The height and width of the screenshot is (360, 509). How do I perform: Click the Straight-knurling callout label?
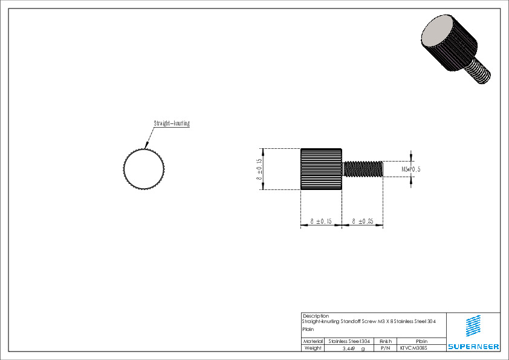[x=172, y=123]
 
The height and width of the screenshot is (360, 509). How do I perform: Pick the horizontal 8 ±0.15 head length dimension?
[x=320, y=222]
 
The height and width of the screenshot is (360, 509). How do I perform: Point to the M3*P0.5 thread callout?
[x=411, y=169]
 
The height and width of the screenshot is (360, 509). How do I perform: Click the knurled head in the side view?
[x=322, y=169]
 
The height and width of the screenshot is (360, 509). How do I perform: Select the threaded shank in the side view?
[x=363, y=169]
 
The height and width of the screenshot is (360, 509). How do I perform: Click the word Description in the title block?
[x=316, y=316]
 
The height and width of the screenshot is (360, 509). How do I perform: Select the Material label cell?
[x=313, y=341]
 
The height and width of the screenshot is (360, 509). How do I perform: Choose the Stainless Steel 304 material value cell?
[x=350, y=341]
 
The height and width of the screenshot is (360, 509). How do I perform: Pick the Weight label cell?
[x=313, y=349]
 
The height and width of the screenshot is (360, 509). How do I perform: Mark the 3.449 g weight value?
[x=353, y=349]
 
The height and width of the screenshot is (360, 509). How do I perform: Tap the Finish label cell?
[x=386, y=341]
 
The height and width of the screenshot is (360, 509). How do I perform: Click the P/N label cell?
[x=386, y=349]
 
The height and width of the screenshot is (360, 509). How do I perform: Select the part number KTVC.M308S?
[x=413, y=349]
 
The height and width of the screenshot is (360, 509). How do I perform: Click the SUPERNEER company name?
[x=473, y=347]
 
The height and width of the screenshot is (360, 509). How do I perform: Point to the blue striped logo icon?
[x=473, y=326]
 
